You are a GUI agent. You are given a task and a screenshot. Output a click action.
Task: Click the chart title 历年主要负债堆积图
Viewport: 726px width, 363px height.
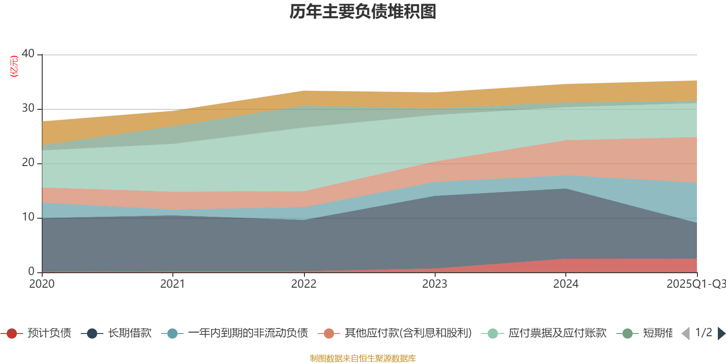click(x=363, y=12)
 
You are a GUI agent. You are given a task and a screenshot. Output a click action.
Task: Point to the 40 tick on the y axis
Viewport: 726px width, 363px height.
click(x=28, y=54)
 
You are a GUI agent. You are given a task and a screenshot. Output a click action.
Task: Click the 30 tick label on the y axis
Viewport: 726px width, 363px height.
click(x=28, y=108)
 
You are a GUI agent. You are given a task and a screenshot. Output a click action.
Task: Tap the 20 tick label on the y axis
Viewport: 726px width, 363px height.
click(x=28, y=162)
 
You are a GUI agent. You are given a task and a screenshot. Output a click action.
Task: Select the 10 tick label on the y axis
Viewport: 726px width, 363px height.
click(x=28, y=217)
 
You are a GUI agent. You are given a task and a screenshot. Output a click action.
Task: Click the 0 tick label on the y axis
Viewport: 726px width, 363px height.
click(x=31, y=271)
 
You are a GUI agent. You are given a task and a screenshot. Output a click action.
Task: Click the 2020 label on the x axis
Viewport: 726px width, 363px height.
click(x=42, y=284)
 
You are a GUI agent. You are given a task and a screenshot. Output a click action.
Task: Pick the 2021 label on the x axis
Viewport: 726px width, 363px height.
click(x=173, y=284)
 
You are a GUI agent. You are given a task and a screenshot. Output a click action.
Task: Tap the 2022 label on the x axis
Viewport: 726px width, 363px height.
click(x=304, y=284)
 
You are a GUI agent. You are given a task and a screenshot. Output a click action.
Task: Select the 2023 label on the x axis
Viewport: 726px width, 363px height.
click(x=435, y=284)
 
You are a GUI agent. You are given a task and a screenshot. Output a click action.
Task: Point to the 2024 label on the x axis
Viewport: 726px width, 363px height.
click(x=565, y=284)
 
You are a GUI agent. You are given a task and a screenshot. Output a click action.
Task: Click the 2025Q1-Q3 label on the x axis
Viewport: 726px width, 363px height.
click(x=696, y=284)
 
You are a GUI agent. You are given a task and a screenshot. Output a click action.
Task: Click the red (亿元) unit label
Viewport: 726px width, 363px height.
click(x=14, y=66)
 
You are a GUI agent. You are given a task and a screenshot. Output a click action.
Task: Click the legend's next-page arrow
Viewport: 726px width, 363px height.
click(x=721, y=334)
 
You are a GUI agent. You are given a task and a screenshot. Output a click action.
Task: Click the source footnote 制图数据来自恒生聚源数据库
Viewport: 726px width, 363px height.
click(x=363, y=358)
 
